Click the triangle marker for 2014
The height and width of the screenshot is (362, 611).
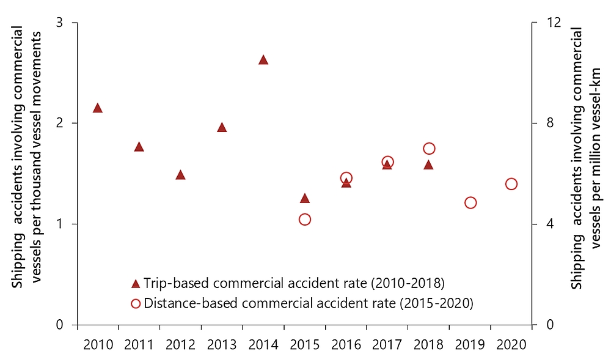pos(263,60)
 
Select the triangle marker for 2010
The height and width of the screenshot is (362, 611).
pos(98,108)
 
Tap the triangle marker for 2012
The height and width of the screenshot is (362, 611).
pos(180,175)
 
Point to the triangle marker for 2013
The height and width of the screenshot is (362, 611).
pos(222,128)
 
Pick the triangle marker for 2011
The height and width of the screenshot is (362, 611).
pos(139,147)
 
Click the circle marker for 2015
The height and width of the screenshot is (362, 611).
pos(305,220)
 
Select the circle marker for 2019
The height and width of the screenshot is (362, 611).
pos(470,203)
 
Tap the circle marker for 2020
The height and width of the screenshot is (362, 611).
pos(511,184)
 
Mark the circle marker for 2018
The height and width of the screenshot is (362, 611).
pos(429,149)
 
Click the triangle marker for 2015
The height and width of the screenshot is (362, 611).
pos(305,198)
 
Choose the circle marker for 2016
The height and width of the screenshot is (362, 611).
pos(346,179)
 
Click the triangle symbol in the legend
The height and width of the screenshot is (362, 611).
pos(136,284)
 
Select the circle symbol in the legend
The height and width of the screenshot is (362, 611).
pos(136,303)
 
